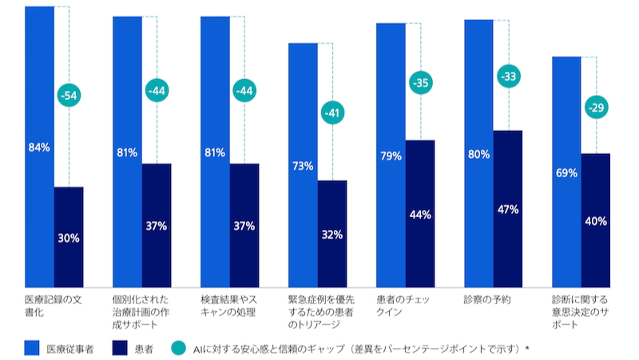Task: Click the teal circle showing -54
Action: [x=69, y=97]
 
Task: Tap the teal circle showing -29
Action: [x=596, y=108]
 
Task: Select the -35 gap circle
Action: [x=420, y=83]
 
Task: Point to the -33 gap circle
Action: [x=508, y=77]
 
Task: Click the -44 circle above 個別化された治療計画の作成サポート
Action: [x=157, y=91]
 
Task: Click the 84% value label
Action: [x=39, y=147]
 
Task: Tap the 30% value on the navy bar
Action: [x=69, y=237]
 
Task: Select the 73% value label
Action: [x=303, y=166]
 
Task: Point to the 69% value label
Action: [x=566, y=172]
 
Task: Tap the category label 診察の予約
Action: [x=486, y=300]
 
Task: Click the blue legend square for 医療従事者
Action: [x=32, y=348]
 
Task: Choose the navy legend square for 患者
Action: [x=120, y=348]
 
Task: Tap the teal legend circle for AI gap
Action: [x=177, y=348]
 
